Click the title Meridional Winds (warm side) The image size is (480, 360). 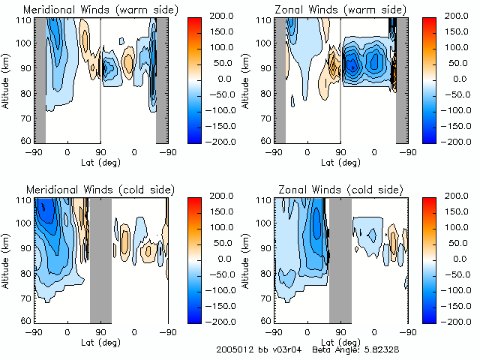pyautogui.click(x=90, y=9)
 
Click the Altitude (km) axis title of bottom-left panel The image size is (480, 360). pyautogui.click(x=6, y=258)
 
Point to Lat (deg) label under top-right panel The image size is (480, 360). pyautogui.click(x=341, y=160)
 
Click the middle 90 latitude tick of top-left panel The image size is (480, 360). pyautogui.click(x=100, y=151)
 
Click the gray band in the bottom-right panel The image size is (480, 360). pyautogui.click(x=340, y=258)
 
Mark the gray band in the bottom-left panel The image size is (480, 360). pyautogui.click(x=100, y=258)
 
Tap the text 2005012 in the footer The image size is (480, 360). pyautogui.click(x=232, y=349)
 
